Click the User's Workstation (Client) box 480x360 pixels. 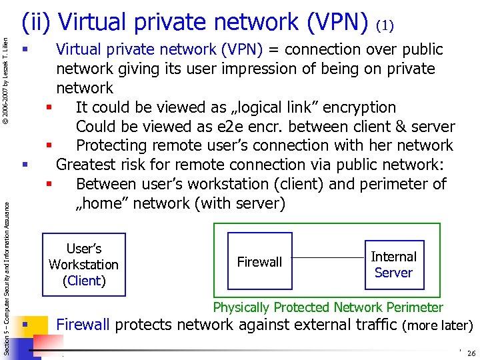click(83, 264)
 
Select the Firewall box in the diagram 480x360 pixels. click(260, 262)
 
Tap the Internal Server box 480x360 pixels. click(393, 264)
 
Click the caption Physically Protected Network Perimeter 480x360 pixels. click(327, 307)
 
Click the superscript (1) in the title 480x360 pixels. click(385, 26)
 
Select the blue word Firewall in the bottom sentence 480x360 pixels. click(83, 325)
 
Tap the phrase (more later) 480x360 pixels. click(438, 326)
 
